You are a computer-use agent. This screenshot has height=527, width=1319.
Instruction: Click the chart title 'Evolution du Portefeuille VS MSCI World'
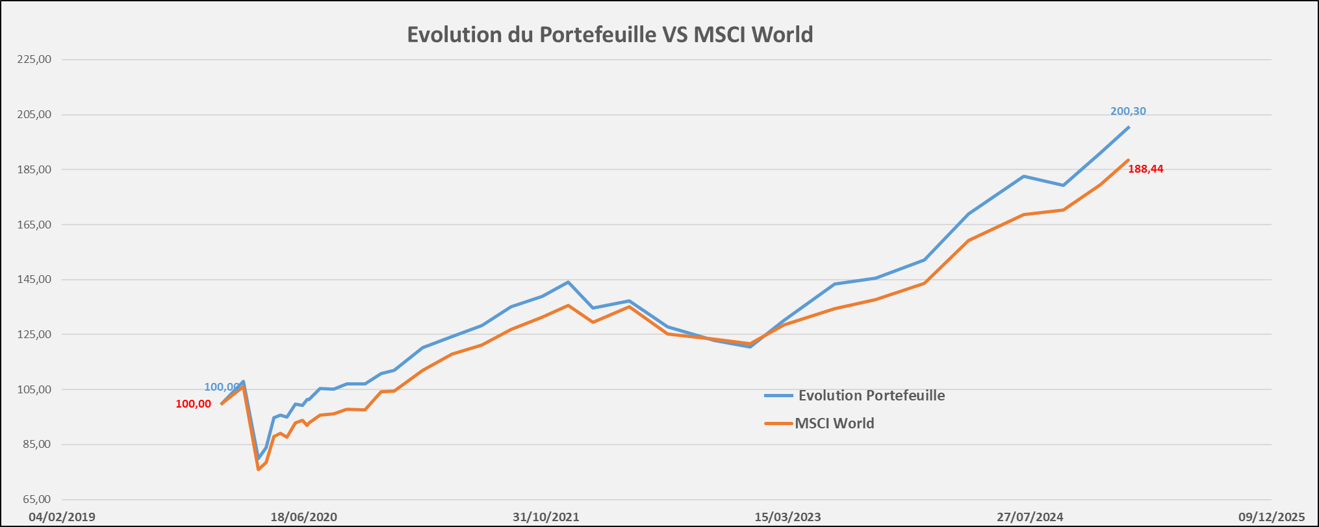point(609,34)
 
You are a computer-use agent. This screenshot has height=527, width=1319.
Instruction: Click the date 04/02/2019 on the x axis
point(62,517)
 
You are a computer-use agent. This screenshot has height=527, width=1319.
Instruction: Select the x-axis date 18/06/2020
point(304,517)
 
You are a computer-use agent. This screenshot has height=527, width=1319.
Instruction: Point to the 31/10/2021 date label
point(546,517)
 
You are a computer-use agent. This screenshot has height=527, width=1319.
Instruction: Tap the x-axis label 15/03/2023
point(788,517)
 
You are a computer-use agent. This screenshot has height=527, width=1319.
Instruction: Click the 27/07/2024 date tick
point(1030,517)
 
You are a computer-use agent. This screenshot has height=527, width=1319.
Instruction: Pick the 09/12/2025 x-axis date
point(1272,517)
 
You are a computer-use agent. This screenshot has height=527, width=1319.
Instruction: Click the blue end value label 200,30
point(1128,112)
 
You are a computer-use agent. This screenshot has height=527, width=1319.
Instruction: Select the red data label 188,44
point(1146,169)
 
